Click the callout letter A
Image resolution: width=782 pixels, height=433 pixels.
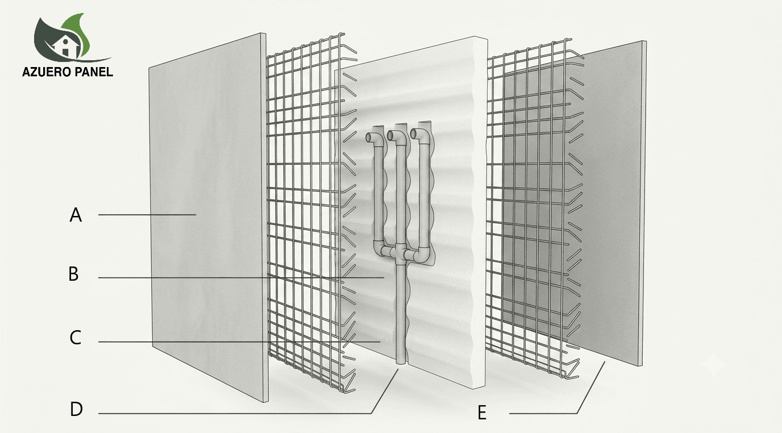click(76, 215)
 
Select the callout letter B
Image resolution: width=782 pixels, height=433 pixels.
click(73, 274)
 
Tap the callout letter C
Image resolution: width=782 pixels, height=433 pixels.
click(76, 338)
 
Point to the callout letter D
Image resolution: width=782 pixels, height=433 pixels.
click(77, 409)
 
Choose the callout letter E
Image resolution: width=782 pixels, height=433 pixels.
click(482, 413)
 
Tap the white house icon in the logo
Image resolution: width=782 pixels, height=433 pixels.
click(65, 47)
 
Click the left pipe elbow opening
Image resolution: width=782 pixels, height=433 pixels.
click(369, 138)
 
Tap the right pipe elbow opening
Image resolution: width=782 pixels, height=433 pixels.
click(414, 134)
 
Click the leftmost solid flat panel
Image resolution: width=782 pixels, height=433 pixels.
click(208, 218)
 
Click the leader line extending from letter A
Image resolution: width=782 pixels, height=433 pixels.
click(147, 215)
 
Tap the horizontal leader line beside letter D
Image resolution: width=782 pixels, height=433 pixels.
click(235, 414)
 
